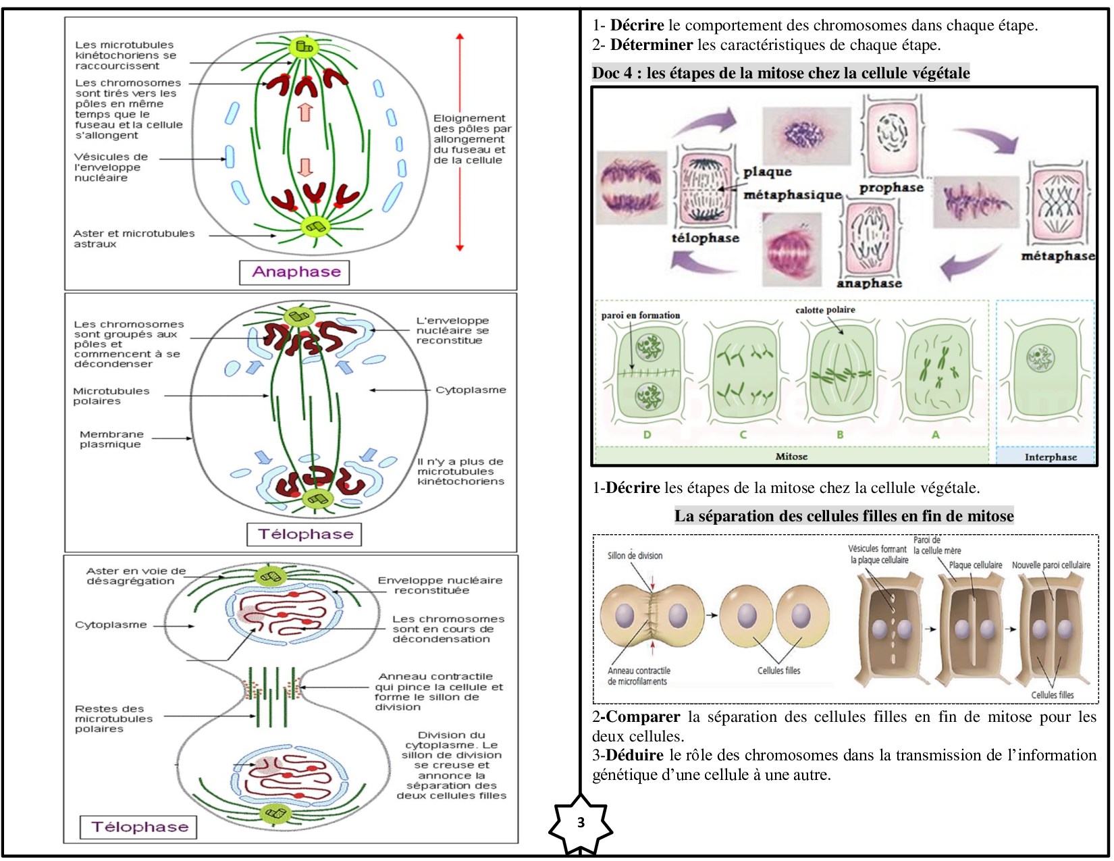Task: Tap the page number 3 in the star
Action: pos(581,823)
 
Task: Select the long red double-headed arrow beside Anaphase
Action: pos(460,142)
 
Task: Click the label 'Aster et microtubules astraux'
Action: pos(134,238)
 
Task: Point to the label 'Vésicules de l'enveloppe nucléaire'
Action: pos(111,167)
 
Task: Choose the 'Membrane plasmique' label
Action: pos(111,439)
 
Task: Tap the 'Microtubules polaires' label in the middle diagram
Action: pos(111,396)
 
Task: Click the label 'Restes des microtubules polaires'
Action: pos(113,719)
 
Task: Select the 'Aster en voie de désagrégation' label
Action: pos(135,576)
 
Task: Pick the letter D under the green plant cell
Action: pos(647,435)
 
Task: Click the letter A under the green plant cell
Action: pos(935,435)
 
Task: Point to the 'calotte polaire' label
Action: pos(825,310)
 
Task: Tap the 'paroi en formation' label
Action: pos(640,315)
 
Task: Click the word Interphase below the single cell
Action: pos(1050,457)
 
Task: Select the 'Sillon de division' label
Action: pos(635,556)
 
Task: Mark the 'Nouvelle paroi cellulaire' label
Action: pos(1051,565)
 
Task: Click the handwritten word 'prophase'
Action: pos(891,188)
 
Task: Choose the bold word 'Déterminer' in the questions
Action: pos(651,45)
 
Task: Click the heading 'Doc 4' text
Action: pos(612,73)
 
